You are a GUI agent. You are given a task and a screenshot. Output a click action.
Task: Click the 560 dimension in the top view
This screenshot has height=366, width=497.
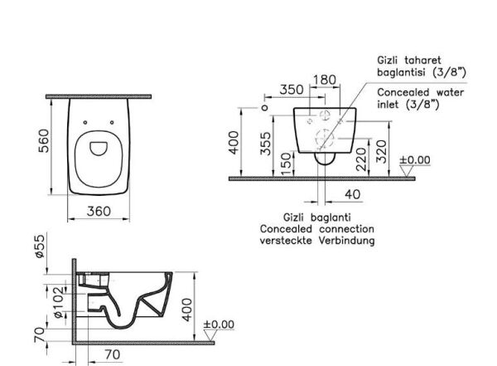(x=44, y=141)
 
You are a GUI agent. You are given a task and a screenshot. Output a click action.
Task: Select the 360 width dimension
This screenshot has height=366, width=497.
(x=99, y=212)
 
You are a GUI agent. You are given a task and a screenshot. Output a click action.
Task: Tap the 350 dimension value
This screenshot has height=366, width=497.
(x=292, y=90)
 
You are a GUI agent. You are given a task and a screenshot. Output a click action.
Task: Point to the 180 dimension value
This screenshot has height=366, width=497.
(x=324, y=80)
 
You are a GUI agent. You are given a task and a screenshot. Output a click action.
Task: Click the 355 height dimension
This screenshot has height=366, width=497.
(x=266, y=144)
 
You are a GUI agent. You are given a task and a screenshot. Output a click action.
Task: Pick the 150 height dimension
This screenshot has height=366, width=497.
(x=287, y=163)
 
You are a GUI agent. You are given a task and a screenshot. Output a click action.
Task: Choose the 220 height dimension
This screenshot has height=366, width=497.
(x=361, y=159)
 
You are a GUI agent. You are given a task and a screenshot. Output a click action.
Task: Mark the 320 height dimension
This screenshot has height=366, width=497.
(x=381, y=152)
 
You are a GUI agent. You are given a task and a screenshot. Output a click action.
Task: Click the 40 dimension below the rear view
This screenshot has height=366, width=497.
(x=353, y=194)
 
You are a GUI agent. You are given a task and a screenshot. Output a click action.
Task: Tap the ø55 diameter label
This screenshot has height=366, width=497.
(x=40, y=246)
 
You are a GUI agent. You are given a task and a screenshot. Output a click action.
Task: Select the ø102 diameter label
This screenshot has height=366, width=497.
(x=59, y=302)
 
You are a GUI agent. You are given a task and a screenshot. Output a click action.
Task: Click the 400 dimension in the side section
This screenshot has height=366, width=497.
(x=187, y=310)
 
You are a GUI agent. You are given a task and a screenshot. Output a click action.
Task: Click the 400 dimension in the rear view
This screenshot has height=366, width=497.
(x=234, y=143)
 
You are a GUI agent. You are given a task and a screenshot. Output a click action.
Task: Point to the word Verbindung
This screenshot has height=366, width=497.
(x=346, y=241)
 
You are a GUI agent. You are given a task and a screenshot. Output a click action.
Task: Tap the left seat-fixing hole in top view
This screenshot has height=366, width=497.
(x=85, y=122)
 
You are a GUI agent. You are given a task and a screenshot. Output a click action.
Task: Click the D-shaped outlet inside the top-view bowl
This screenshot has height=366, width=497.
(x=99, y=149)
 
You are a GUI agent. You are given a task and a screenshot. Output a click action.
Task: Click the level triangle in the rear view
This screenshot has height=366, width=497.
(x=407, y=171)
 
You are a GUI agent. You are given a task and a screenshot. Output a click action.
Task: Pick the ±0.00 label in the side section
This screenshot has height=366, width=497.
(x=219, y=325)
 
